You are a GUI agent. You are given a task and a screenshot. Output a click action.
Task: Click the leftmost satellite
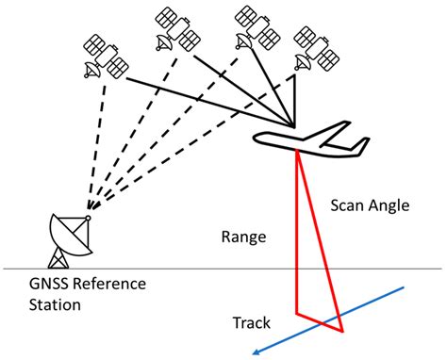(x=106, y=57)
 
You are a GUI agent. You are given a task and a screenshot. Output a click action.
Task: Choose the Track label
(x=252, y=323)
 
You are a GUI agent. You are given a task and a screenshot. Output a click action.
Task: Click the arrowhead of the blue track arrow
(x=256, y=352)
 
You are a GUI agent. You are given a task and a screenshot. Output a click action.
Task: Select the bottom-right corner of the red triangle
(x=342, y=332)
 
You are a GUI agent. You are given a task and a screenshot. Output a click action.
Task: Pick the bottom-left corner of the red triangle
(x=297, y=312)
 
